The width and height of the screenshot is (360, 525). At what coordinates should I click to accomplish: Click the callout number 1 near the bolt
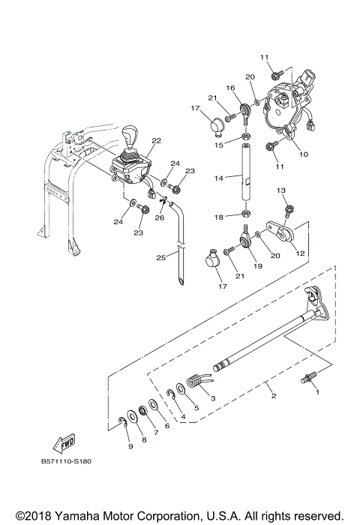pos(316,392)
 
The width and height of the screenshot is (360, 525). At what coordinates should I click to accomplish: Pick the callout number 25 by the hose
pos(160,257)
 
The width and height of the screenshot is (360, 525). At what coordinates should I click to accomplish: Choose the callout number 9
pos(130,447)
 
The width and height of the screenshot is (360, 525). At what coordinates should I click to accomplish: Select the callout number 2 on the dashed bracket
pos(264,385)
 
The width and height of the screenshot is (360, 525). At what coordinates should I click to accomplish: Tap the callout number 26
pos(159,218)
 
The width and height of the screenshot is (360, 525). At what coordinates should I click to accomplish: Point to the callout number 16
pos(231,88)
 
